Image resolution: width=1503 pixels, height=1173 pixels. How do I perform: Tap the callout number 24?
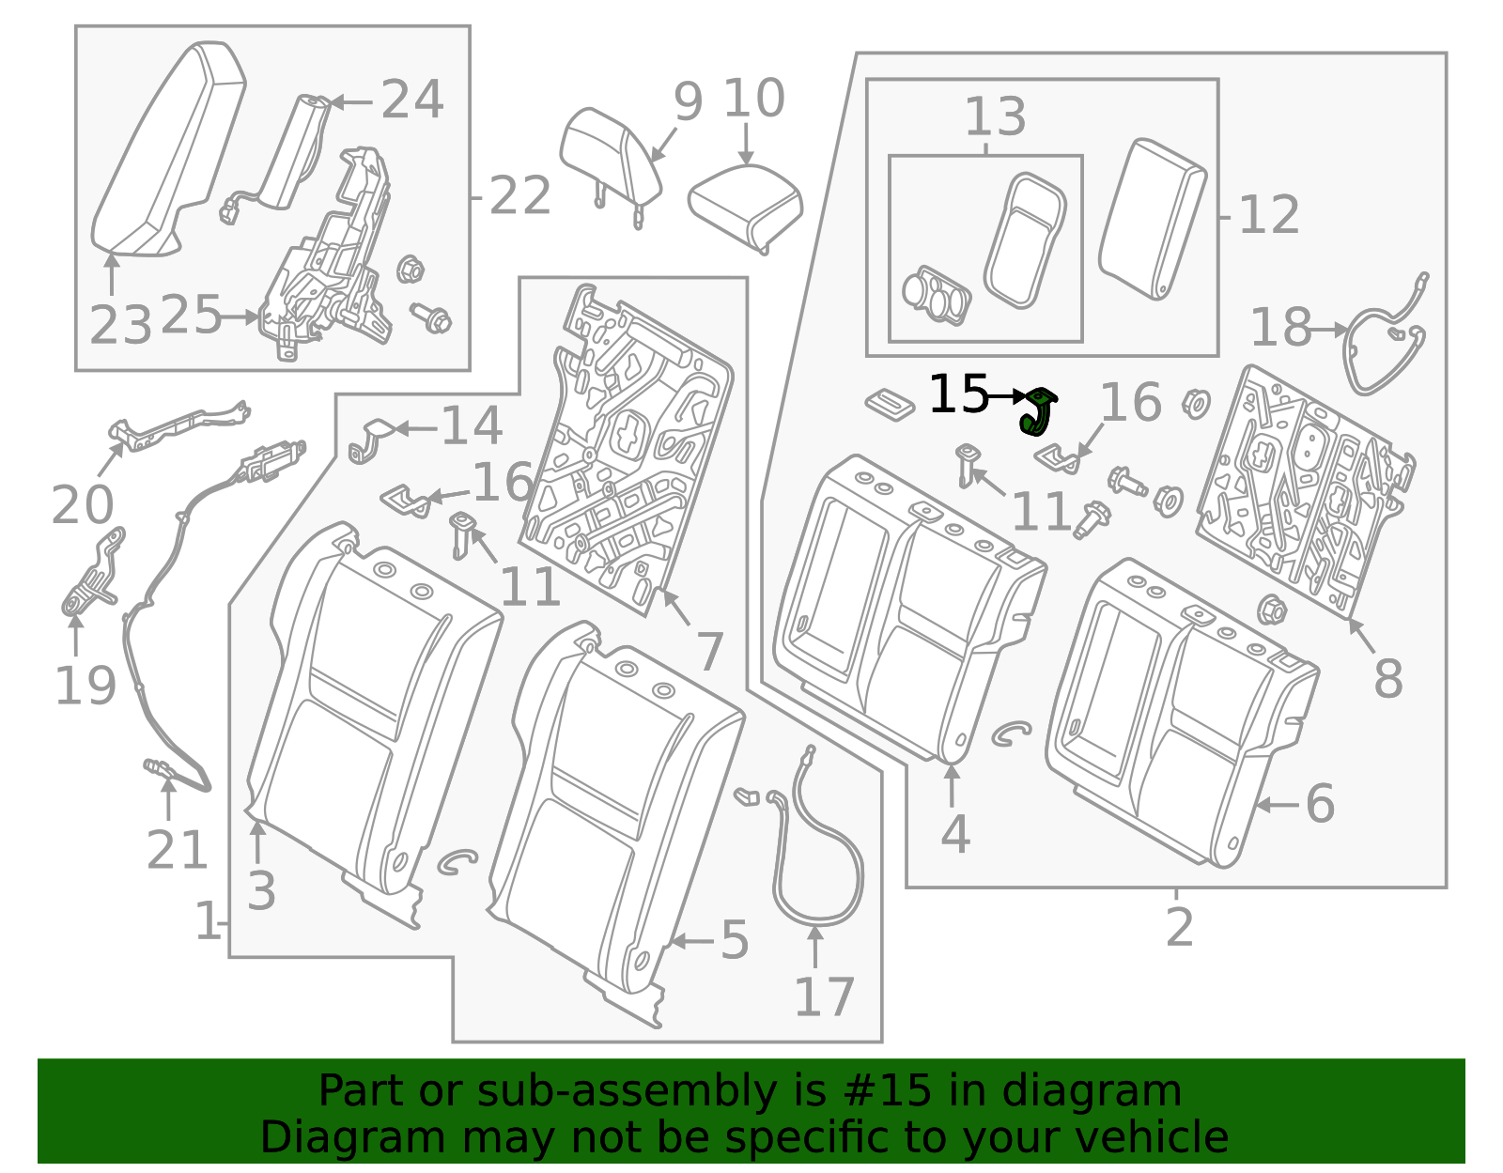(x=411, y=100)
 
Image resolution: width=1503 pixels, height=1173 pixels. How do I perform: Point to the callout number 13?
(x=995, y=117)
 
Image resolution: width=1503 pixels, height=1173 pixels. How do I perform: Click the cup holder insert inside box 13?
(x=936, y=293)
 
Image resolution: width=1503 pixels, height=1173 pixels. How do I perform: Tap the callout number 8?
(x=1387, y=678)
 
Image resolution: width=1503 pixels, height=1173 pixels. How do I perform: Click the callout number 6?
(x=1320, y=804)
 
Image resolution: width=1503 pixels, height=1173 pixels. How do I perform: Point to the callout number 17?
(x=824, y=997)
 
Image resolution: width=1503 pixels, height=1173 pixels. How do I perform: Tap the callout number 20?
(x=82, y=505)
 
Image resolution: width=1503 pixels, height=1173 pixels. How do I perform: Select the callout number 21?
(x=177, y=851)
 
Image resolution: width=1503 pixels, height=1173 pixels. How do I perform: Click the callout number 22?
(x=519, y=196)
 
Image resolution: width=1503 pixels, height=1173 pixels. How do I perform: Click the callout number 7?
(x=709, y=651)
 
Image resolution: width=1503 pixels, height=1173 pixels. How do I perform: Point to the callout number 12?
(x=1268, y=215)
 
